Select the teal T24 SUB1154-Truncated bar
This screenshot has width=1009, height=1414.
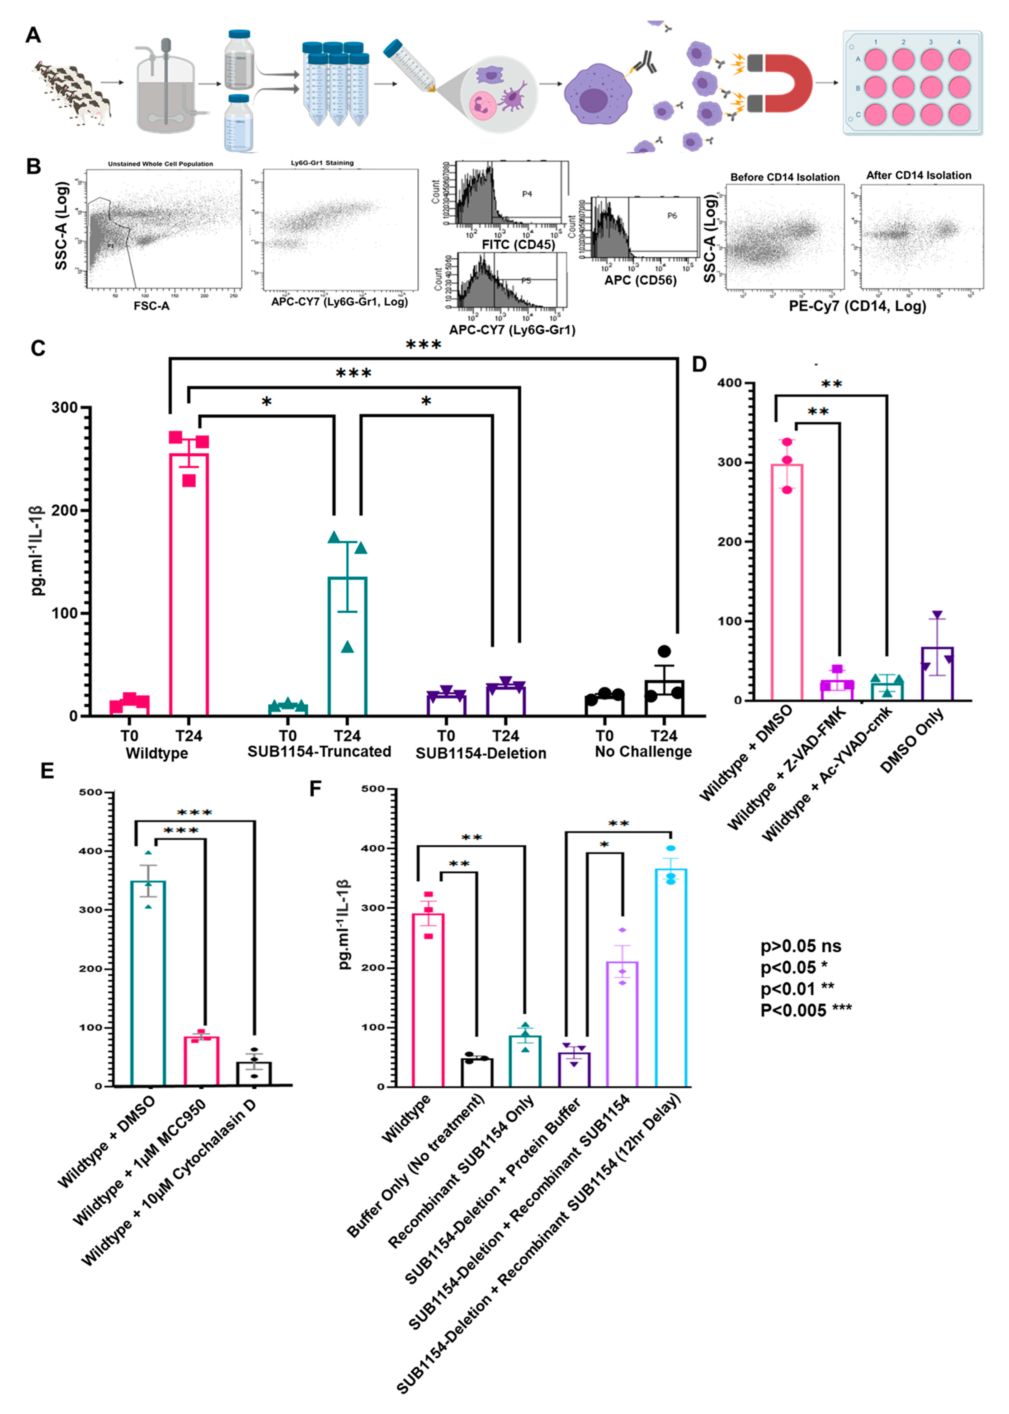347,646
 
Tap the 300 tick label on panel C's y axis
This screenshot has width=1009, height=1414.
65,408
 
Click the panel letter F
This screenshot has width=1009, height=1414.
316,789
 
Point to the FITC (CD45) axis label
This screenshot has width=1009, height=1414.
518,245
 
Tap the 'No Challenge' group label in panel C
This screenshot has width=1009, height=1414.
643,752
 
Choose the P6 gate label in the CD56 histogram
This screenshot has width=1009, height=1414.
672,216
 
